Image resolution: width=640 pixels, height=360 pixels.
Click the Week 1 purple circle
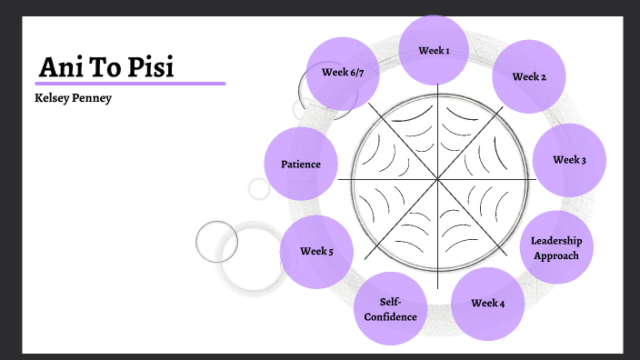[434, 51]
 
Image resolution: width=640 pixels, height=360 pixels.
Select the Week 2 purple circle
[529, 76]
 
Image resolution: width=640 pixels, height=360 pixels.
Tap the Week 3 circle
[569, 160]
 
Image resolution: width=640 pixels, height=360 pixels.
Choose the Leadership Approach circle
[556, 248]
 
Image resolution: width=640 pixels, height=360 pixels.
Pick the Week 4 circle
[488, 303]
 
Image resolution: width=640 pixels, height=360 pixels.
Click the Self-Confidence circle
[390, 308]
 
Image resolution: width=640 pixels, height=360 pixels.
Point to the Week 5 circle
[316, 252]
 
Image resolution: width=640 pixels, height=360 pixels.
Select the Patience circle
[301, 165]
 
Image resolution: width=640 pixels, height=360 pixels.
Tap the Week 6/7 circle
[343, 73]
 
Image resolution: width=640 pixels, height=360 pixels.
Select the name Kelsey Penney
[73, 97]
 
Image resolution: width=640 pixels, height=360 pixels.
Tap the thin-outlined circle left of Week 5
[216, 242]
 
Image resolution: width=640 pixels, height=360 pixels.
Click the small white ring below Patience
[259, 189]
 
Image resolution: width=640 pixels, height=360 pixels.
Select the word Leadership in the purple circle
[556, 241]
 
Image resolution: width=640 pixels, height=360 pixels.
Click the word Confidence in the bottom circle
[390, 316]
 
